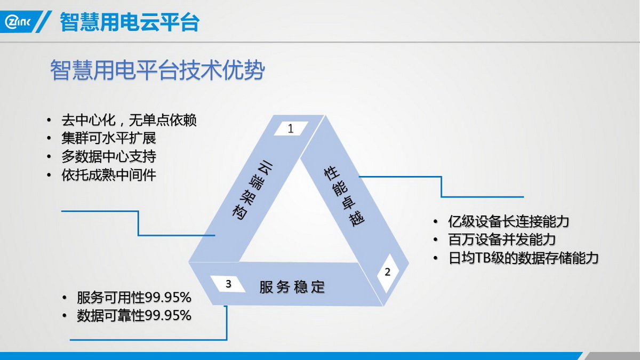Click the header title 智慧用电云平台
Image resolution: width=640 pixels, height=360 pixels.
pyautogui.click(x=130, y=22)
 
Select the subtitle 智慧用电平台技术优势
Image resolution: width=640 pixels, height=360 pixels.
pyautogui.click(x=157, y=70)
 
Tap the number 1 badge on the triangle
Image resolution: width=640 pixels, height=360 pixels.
pyautogui.click(x=291, y=129)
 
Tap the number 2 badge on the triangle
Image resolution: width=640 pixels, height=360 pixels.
pyautogui.click(x=387, y=272)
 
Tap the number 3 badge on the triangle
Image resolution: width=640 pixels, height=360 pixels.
pyautogui.click(x=228, y=284)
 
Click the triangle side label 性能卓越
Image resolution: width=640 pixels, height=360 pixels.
pyautogui.click(x=344, y=197)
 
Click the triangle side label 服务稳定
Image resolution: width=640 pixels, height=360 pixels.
pyautogui.click(x=292, y=287)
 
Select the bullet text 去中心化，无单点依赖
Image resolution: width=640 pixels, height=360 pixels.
pyautogui.click(x=129, y=120)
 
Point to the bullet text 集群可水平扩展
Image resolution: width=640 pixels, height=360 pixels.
pyautogui.click(x=109, y=138)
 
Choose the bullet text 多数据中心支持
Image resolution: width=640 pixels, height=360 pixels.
pyautogui.click(x=109, y=157)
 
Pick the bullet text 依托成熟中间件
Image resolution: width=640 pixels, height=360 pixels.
pyautogui.click(x=109, y=175)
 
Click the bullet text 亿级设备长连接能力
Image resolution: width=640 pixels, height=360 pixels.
pyautogui.click(x=509, y=221)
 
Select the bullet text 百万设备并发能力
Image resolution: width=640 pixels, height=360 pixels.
pyautogui.click(x=502, y=239)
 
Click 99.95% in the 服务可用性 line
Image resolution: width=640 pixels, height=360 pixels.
pyautogui.click(x=168, y=298)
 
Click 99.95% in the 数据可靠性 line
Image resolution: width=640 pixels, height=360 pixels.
pyautogui.click(x=168, y=316)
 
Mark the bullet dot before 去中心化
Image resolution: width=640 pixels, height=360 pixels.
pyautogui.click(x=49, y=120)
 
